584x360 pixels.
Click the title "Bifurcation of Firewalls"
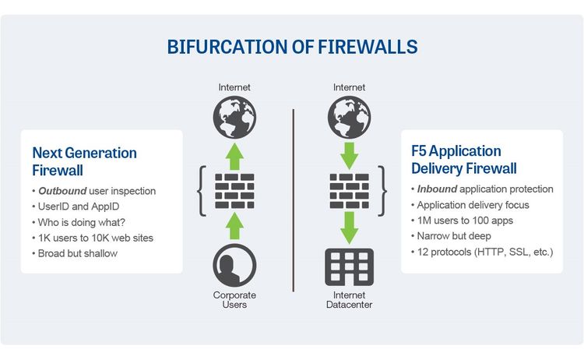[x=293, y=47]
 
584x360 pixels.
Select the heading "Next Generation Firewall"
[x=84, y=161]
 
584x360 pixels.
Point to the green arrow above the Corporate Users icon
[x=234, y=227]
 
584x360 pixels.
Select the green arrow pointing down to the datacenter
[x=350, y=227]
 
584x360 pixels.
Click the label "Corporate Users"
[x=234, y=300]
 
